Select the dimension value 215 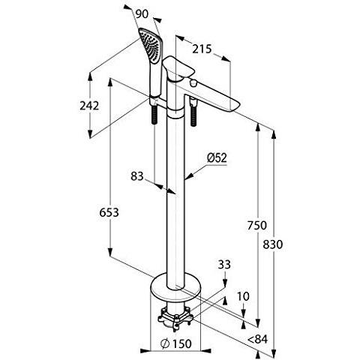pos(199,49)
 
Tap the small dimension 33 pos(224,265)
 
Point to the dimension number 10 pos(241,295)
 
